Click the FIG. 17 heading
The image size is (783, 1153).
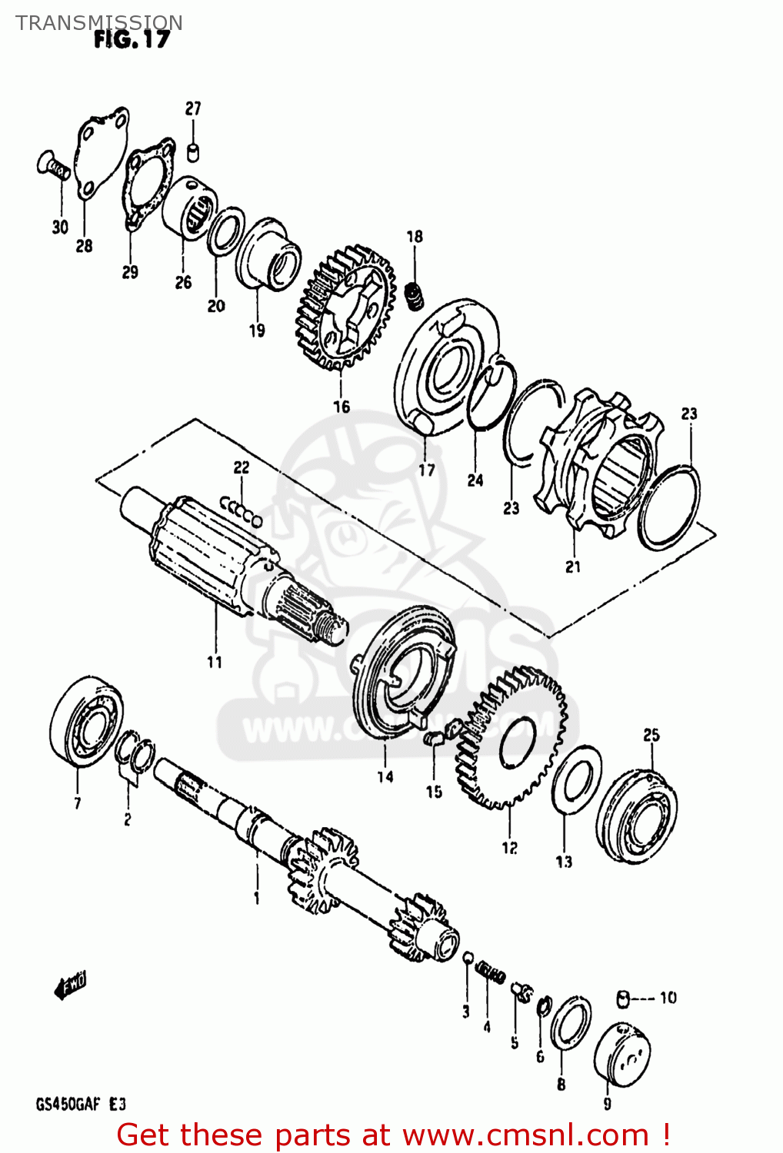[x=131, y=39]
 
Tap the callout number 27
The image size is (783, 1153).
[x=192, y=108]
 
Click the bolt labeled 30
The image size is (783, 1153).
[x=53, y=165]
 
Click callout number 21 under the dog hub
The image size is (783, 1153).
[x=573, y=567]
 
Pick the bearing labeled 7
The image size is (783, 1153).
[x=85, y=723]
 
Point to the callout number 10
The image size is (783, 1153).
[x=668, y=998]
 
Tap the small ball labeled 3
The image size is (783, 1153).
[x=467, y=957]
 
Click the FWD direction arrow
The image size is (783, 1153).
[x=70, y=985]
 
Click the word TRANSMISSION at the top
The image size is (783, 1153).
[x=99, y=22]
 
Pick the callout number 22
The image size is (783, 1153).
[x=242, y=467]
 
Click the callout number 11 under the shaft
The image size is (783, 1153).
[x=215, y=662]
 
